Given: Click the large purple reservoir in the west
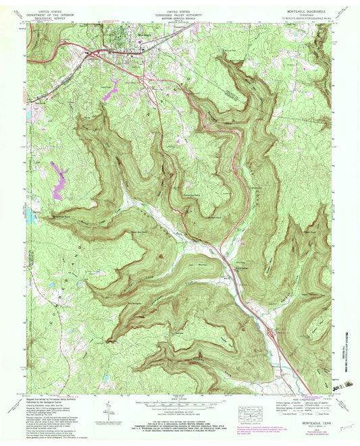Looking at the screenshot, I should pos(59,177).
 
